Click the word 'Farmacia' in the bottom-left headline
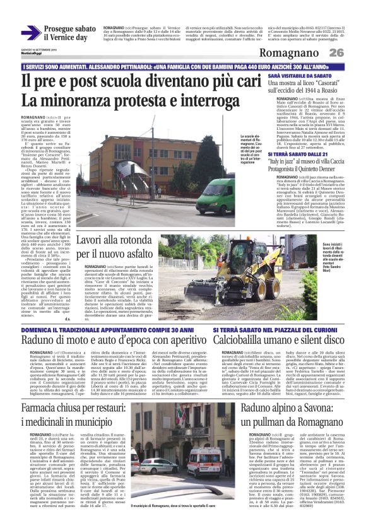click(42, 392)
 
